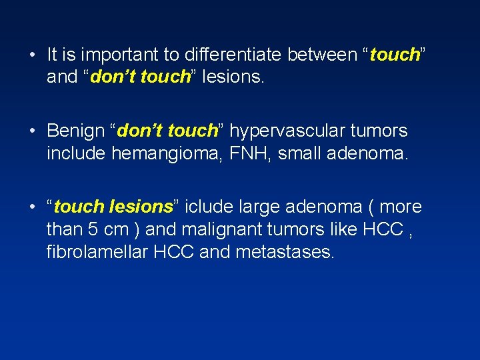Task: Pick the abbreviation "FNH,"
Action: [x=246, y=153]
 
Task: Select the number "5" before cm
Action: [x=91, y=229]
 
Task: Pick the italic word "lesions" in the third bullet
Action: [x=141, y=207]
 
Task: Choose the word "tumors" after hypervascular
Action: [x=380, y=131]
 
